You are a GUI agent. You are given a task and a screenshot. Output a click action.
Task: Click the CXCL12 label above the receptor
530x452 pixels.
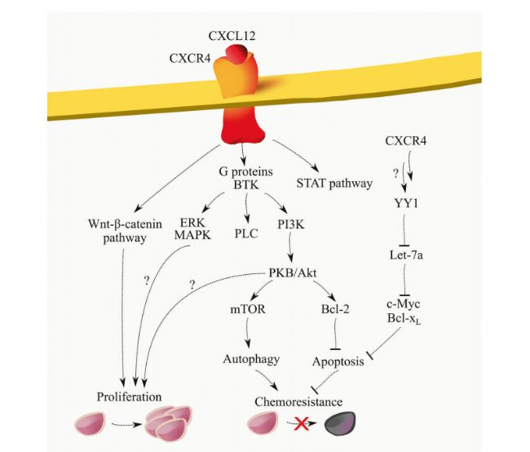tap(232, 36)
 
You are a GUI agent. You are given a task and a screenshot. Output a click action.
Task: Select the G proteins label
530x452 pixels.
tap(245, 171)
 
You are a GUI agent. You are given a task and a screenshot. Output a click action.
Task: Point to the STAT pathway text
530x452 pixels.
tap(334, 184)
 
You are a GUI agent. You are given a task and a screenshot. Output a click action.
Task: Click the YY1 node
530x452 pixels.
tap(406, 203)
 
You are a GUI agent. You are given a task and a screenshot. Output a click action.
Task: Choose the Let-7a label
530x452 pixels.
tap(406, 255)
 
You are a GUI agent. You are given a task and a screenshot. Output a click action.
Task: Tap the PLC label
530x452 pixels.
tap(246, 233)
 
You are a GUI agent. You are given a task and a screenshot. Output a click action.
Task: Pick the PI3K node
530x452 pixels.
tap(291, 224)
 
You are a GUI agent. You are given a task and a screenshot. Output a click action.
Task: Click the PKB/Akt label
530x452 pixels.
tap(293, 273)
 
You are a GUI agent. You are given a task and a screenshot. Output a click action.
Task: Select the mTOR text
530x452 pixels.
tap(248, 309)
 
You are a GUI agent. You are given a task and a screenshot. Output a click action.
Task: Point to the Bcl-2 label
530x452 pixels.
tap(335, 309)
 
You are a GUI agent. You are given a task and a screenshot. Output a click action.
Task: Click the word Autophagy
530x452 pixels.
tap(251, 359)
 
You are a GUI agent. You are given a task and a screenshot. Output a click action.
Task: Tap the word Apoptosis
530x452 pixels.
tap(338, 361)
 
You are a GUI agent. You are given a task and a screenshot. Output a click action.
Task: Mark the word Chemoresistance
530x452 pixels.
tap(298, 402)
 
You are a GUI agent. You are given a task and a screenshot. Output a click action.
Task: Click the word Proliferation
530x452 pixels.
tap(129, 397)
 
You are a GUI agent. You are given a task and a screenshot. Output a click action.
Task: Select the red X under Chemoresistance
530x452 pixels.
tap(301, 423)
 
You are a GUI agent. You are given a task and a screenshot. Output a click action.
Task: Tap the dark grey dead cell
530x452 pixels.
tap(340, 423)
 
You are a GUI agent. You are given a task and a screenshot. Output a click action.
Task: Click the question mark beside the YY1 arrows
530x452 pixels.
tap(395, 174)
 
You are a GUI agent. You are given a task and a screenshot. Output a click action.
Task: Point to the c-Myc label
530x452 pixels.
tap(404, 304)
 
